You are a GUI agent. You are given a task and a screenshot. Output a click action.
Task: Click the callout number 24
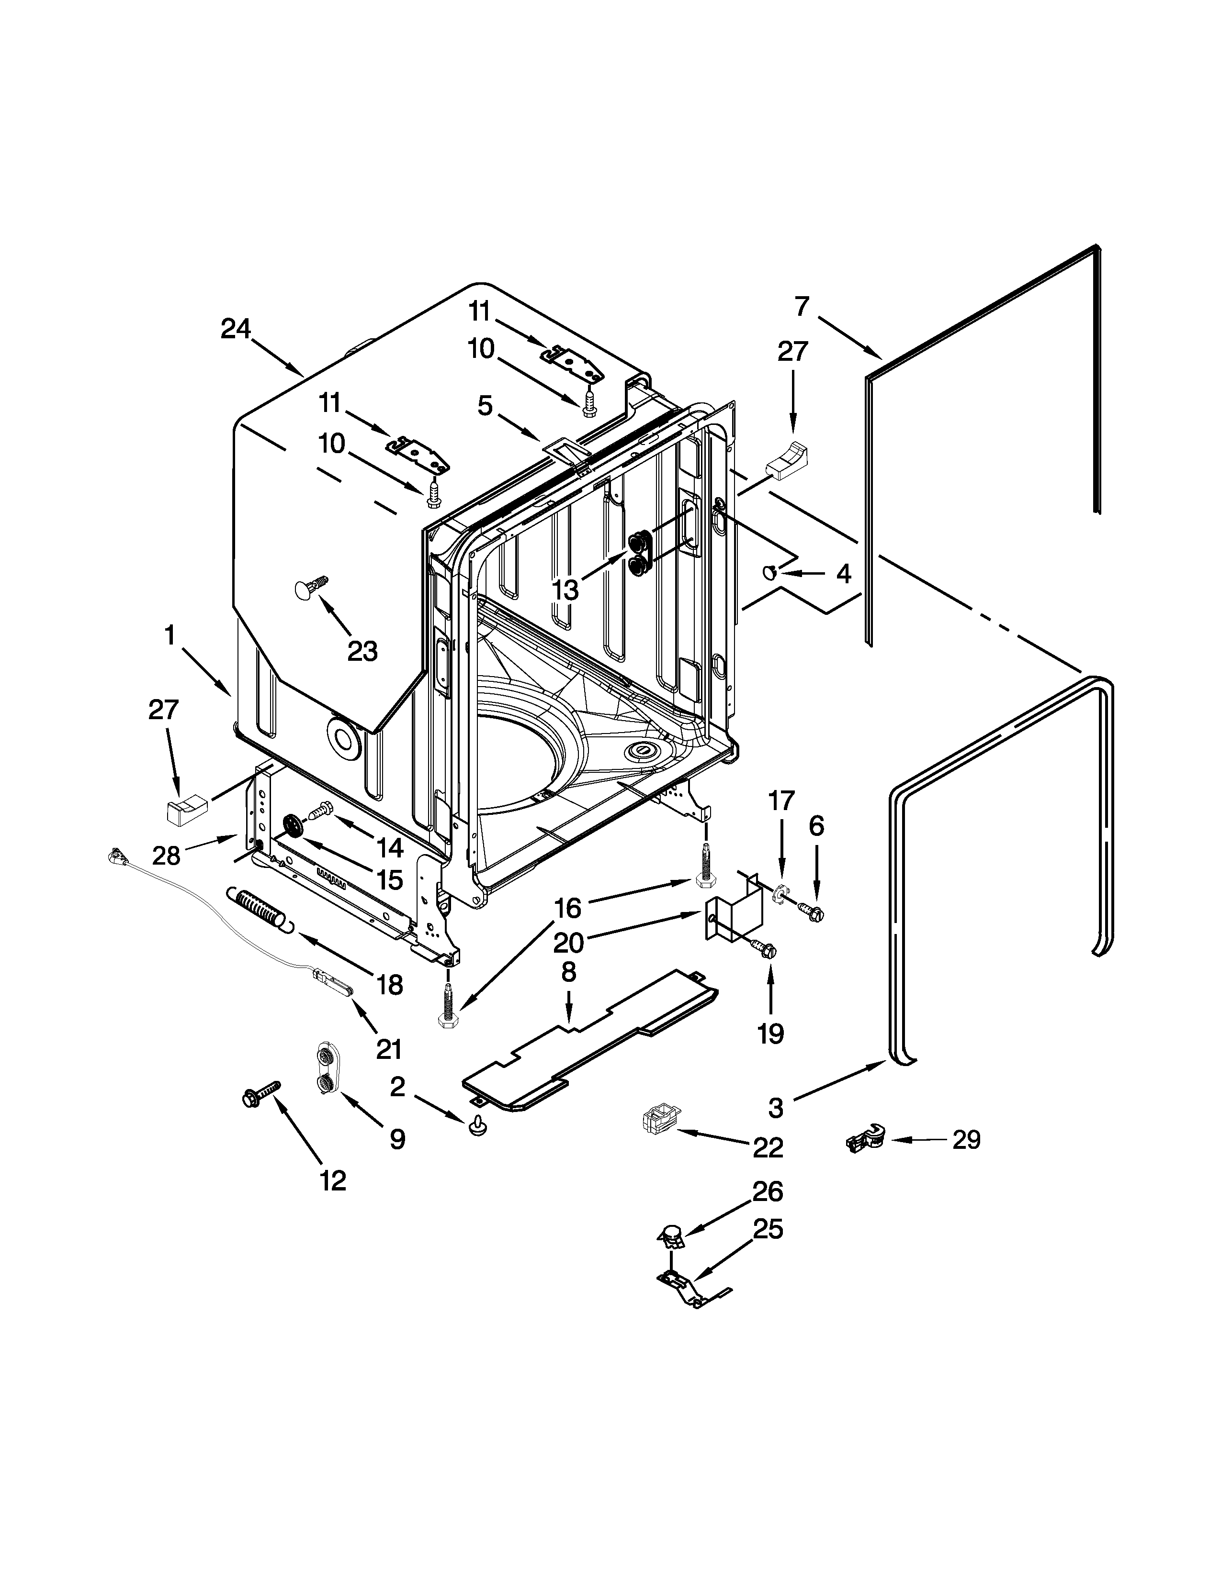235,329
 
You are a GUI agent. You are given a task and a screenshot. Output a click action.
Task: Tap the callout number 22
768,1147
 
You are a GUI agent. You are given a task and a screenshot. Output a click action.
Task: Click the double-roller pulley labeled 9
328,1070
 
